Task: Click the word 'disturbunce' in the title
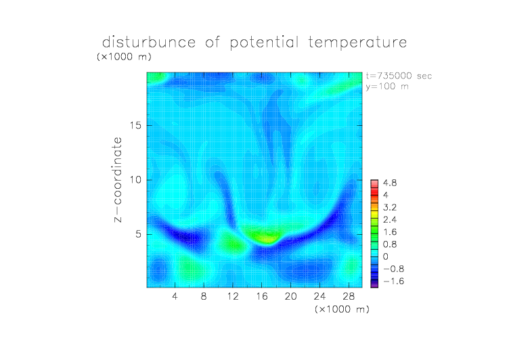(149, 42)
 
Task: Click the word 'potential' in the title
(264, 43)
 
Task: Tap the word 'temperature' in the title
(357, 43)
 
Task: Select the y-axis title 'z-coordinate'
(118, 179)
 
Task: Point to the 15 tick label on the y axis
(135, 125)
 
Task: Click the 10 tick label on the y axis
(135, 180)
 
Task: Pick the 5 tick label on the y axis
(139, 234)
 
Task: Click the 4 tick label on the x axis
(175, 296)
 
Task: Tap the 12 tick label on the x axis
(233, 296)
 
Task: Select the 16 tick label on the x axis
(262, 296)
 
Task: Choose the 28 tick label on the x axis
(349, 296)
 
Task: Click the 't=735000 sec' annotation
(399, 76)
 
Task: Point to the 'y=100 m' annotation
(387, 87)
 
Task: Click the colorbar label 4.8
(390, 183)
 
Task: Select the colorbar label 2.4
(390, 220)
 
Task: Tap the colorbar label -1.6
(394, 281)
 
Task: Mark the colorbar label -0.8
(394, 269)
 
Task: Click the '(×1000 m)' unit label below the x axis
(342, 309)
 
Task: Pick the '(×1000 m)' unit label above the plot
(124, 57)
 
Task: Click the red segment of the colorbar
(374, 192)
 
